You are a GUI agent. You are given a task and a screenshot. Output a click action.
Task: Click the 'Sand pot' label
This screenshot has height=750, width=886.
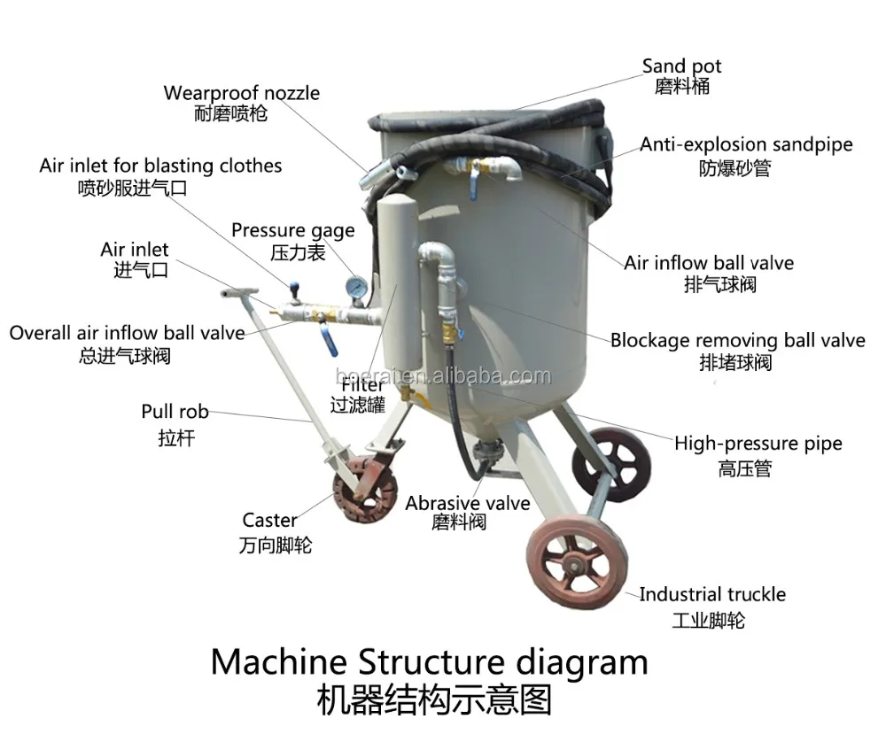[681, 66]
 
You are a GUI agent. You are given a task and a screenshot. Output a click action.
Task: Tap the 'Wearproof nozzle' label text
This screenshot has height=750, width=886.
[241, 93]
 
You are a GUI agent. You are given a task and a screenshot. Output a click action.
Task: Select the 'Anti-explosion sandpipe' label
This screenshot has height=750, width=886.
[746, 144]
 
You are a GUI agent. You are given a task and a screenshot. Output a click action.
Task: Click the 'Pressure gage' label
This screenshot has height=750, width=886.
[292, 231]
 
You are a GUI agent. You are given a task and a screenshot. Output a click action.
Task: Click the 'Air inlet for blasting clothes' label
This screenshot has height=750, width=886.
[160, 166]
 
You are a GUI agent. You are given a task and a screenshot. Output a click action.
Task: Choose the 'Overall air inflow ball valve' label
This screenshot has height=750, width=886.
[127, 333]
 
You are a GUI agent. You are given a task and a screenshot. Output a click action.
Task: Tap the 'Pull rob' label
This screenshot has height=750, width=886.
[175, 412]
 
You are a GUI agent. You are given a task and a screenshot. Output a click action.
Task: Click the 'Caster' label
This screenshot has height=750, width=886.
[269, 521]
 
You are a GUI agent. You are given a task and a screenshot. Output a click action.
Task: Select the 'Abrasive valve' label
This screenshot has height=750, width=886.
[467, 503]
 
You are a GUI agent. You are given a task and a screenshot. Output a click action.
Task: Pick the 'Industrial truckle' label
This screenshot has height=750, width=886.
[712, 594]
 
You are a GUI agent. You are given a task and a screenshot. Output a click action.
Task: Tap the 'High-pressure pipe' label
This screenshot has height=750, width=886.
[758, 444]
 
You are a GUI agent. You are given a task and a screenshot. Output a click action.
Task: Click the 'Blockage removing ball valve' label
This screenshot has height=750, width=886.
[737, 341]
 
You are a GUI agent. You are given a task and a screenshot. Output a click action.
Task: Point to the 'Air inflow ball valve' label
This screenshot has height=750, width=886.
[708, 263]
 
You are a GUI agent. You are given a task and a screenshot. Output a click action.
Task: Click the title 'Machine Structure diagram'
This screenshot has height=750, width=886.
[429, 661]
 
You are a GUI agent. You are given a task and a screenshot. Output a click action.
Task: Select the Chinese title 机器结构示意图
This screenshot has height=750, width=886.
[433, 700]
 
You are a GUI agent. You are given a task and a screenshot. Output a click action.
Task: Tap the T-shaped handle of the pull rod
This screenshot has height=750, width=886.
[241, 293]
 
